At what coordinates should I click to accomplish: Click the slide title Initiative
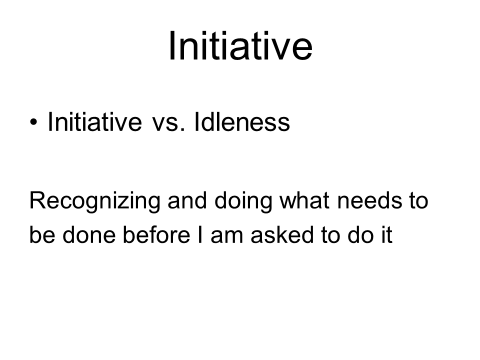point(240,46)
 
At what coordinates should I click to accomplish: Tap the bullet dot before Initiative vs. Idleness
point(33,122)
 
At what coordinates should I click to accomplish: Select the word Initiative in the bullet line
point(95,121)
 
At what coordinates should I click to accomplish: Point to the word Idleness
point(242,121)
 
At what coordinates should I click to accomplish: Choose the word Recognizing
point(94,201)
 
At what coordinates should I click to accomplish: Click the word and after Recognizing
point(187,200)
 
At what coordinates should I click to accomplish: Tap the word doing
point(243,201)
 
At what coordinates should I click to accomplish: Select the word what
point(304,200)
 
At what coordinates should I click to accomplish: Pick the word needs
point(369,200)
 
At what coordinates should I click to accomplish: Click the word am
point(227,236)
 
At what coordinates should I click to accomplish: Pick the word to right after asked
point(331,235)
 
